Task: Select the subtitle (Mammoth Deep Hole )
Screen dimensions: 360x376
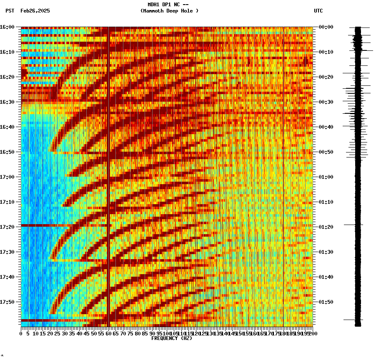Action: point(169,11)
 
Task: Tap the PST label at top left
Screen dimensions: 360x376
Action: point(10,11)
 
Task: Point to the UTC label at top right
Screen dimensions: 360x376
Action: point(318,11)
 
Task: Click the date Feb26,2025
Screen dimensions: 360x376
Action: point(35,11)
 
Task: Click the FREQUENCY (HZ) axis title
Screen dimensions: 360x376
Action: point(172,338)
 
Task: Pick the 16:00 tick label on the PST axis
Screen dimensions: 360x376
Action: point(7,27)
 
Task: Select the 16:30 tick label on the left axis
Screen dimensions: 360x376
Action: point(7,102)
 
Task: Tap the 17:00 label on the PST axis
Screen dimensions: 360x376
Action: point(7,177)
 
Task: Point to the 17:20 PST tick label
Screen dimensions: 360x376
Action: point(7,227)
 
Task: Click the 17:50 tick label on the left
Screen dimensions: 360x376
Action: point(7,302)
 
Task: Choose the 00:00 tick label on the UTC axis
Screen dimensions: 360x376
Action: point(326,27)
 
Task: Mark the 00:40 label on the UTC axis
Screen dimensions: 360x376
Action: point(326,127)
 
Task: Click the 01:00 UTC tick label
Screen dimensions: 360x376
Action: point(326,177)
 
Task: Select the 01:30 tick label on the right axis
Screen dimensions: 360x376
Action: point(326,252)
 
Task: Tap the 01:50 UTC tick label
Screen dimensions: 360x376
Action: point(326,302)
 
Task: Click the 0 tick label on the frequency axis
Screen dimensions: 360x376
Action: point(21,334)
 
